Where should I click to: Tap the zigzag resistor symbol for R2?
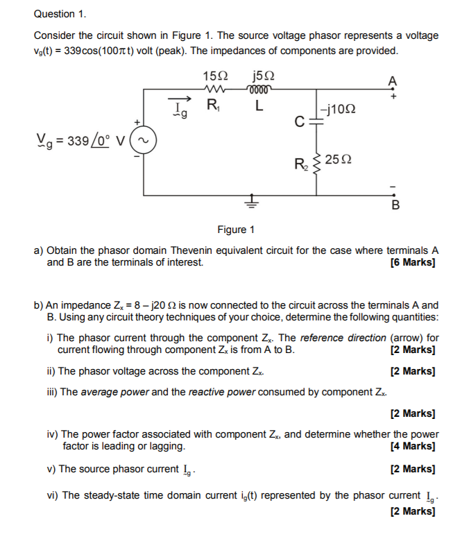pos(316,164)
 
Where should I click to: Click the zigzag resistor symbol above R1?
pos(214,89)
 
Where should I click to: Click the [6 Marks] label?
pos(413,262)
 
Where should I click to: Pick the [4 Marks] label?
pos(413,446)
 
